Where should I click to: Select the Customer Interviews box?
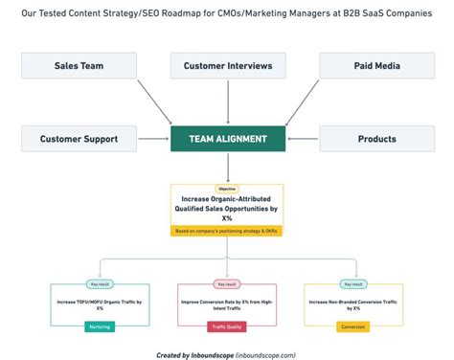coord(227,66)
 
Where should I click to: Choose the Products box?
coord(376,139)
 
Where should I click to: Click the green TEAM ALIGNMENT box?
coord(227,139)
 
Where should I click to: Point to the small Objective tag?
coord(227,189)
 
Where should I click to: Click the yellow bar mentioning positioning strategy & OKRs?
coord(227,231)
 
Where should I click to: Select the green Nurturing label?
coord(100,326)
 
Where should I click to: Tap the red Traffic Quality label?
coord(227,326)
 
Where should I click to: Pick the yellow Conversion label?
coord(352,326)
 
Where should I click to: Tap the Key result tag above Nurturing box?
coord(100,284)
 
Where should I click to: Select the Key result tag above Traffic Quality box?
coord(227,284)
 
